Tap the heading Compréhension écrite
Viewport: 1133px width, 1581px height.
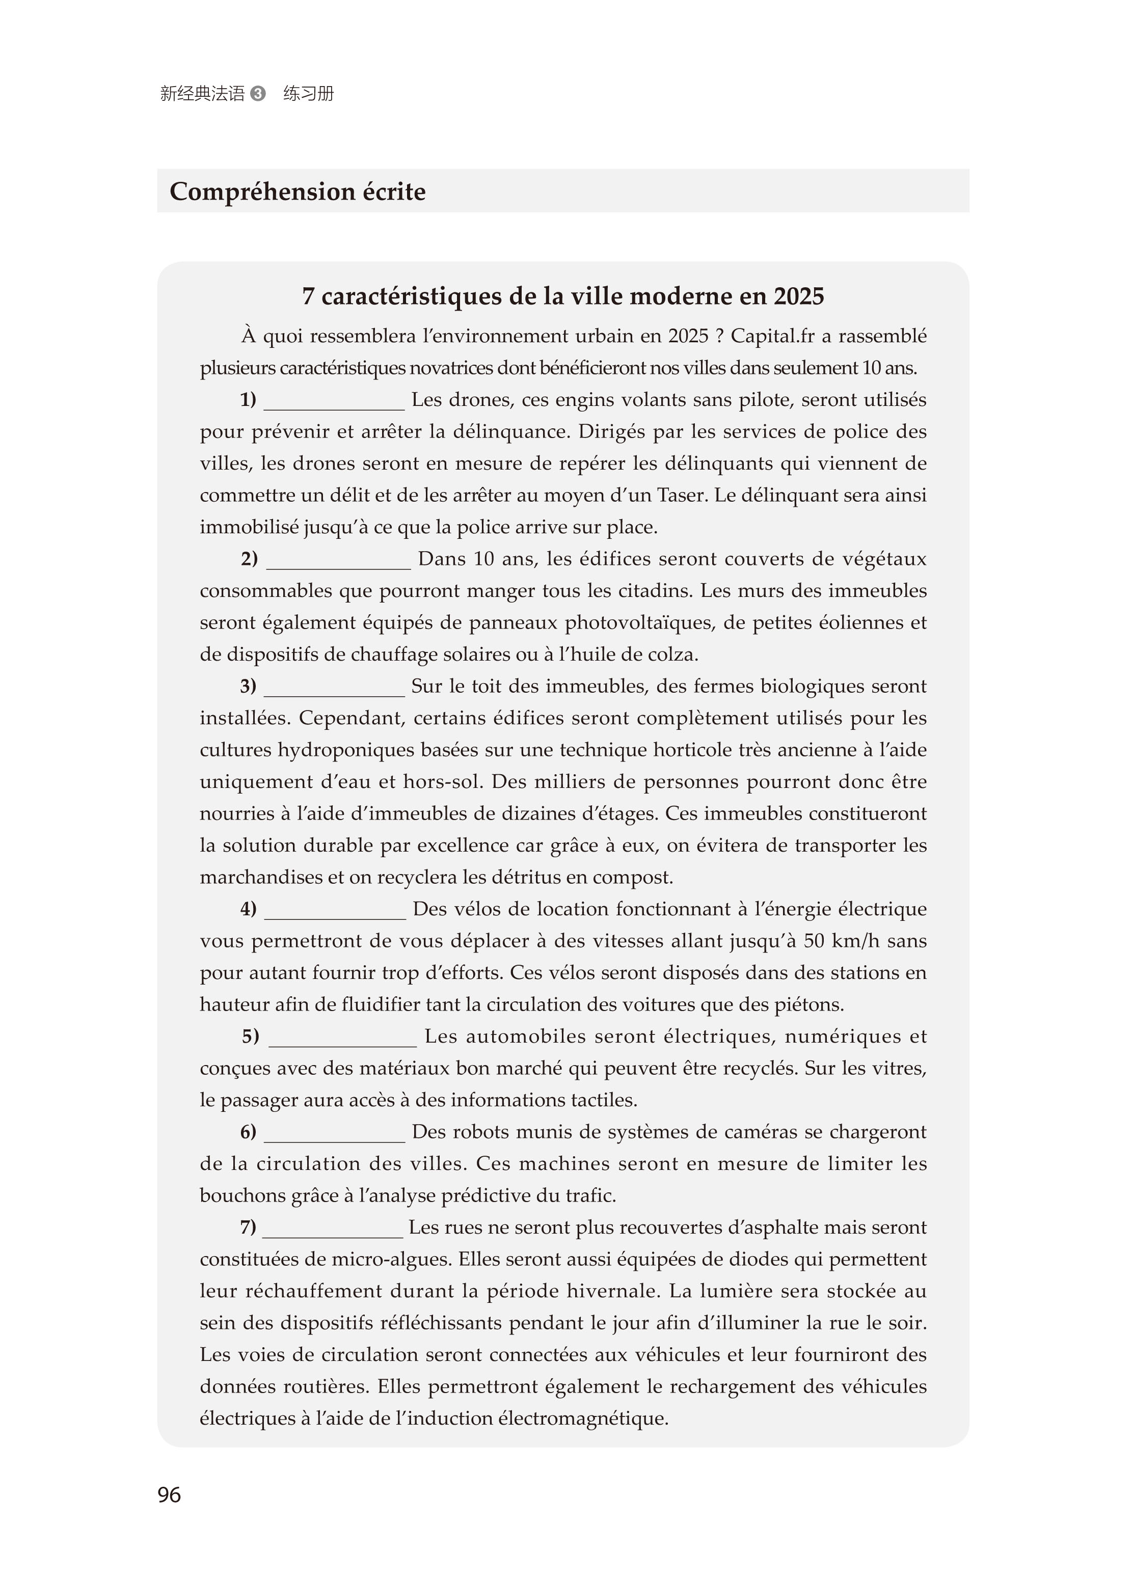[297, 192]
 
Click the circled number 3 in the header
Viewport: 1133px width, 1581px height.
[258, 93]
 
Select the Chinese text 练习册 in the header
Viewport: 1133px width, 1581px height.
[309, 93]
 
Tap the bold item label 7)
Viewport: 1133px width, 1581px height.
[248, 1227]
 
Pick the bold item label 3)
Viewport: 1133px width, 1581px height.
[248, 686]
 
